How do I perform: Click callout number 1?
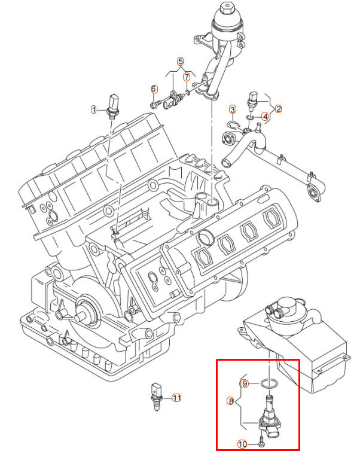93,109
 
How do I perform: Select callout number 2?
279,109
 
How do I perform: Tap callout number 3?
233,109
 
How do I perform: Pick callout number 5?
180,61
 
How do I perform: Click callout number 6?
154,89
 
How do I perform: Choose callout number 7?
187,77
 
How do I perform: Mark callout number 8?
231,402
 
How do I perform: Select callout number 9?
244,383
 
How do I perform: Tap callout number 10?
242,444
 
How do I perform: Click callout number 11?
176,397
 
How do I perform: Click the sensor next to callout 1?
111,105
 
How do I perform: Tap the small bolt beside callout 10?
262,443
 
